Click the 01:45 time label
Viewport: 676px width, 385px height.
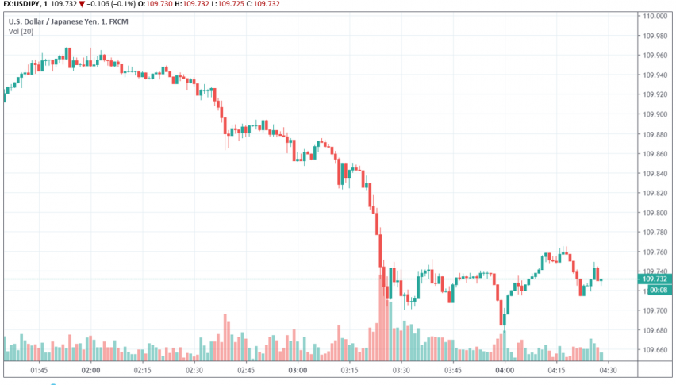click(x=38, y=370)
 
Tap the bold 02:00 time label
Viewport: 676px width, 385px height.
click(x=90, y=370)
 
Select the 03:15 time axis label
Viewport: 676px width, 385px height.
click(x=350, y=370)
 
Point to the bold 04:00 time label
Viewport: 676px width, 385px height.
click(x=505, y=370)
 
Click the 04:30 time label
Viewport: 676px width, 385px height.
click(x=609, y=370)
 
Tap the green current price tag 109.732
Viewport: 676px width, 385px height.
click(x=656, y=279)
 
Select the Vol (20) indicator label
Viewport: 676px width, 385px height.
click(x=21, y=32)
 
